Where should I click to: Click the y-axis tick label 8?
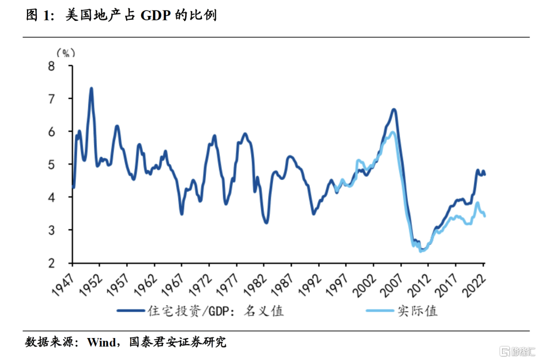click(x=64, y=66)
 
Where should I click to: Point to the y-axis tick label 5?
click(x=64, y=165)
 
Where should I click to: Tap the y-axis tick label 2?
click(x=64, y=263)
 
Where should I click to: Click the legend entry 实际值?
click(x=418, y=311)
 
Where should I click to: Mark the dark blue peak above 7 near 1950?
click(x=91, y=89)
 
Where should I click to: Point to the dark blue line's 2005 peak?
click(x=394, y=109)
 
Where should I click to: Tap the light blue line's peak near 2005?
click(x=392, y=132)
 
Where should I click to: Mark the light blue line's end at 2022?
click(x=485, y=215)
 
